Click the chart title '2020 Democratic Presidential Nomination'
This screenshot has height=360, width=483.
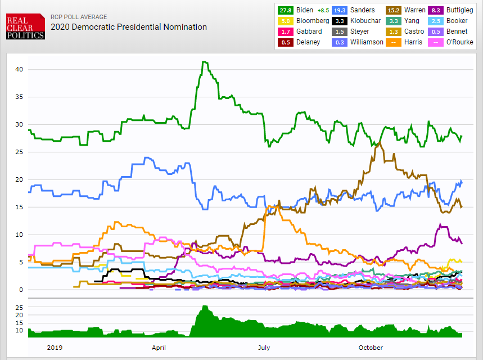point(129,27)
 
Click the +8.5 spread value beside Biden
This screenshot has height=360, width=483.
point(323,10)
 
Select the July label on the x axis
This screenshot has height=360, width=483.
point(264,348)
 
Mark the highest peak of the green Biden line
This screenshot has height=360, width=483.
point(204,62)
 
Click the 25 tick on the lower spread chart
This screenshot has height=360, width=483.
point(18,308)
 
